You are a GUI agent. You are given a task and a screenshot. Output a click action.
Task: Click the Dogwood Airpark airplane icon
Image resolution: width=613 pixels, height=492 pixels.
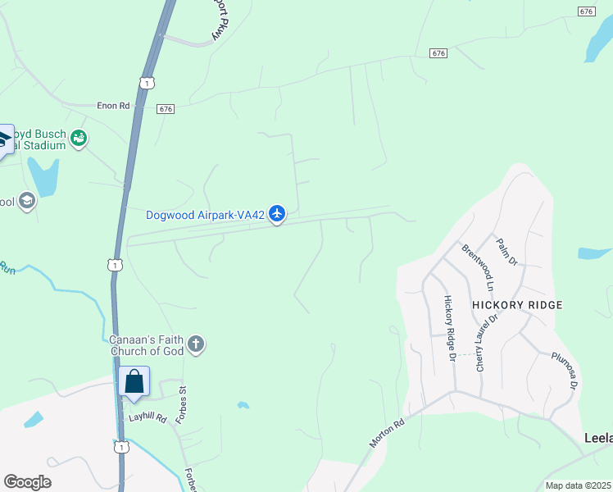click(277, 214)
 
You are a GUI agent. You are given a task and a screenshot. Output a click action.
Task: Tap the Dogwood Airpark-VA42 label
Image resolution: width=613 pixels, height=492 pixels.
click(205, 216)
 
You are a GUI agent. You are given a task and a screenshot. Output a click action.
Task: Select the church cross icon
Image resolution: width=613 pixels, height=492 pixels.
click(195, 344)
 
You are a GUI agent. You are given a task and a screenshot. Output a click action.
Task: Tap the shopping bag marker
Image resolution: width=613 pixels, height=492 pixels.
click(134, 381)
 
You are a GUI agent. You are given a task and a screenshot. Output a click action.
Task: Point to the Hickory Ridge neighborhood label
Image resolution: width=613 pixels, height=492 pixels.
click(517, 305)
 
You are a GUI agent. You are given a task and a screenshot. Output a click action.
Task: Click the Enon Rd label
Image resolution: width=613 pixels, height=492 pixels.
click(113, 106)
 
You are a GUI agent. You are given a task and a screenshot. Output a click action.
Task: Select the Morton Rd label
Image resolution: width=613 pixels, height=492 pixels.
click(388, 435)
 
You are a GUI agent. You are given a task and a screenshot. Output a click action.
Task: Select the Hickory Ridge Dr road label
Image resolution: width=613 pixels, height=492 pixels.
click(449, 328)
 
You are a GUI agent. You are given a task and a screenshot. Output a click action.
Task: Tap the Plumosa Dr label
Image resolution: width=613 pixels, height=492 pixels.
click(565, 371)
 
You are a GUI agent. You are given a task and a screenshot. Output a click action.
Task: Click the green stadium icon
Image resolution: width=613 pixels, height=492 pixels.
click(79, 138)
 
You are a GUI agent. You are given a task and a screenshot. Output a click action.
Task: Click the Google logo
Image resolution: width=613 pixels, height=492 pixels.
click(27, 482)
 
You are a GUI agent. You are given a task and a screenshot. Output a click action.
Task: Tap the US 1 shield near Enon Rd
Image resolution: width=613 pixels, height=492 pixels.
click(146, 83)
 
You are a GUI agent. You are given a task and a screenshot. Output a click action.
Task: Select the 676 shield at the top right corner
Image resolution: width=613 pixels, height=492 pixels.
click(586, 11)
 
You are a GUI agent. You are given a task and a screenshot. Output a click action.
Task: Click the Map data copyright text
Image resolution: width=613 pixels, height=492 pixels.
click(578, 485)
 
